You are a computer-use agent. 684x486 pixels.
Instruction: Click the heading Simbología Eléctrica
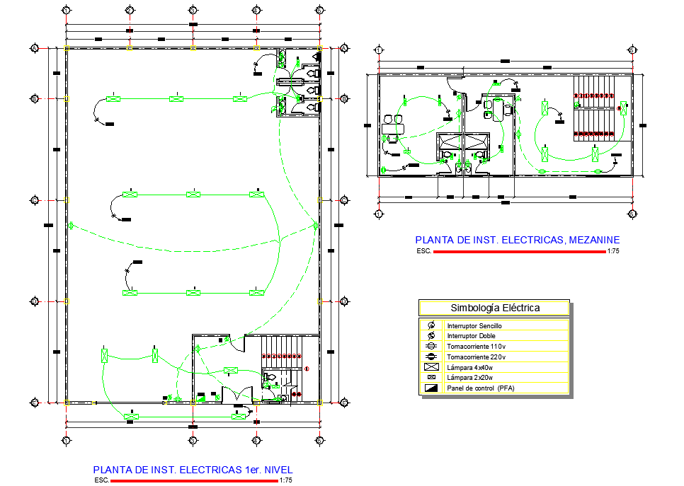[x=495, y=308]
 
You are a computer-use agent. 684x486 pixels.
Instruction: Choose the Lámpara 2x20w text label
[x=470, y=378]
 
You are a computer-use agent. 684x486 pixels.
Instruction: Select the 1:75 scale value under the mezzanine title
[x=613, y=251]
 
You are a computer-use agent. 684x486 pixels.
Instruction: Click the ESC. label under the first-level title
[x=102, y=480]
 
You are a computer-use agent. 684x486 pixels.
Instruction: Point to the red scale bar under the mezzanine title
[x=520, y=251]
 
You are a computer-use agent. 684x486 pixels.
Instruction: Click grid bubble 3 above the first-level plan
[x=193, y=11]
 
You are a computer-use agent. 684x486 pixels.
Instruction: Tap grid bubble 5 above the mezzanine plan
[x=632, y=50]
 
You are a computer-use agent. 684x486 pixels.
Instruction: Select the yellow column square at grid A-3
[x=193, y=47]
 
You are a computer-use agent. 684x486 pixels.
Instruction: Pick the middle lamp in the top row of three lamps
[x=176, y=98]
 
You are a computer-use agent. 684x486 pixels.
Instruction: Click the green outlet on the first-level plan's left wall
[x=71, y=226]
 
